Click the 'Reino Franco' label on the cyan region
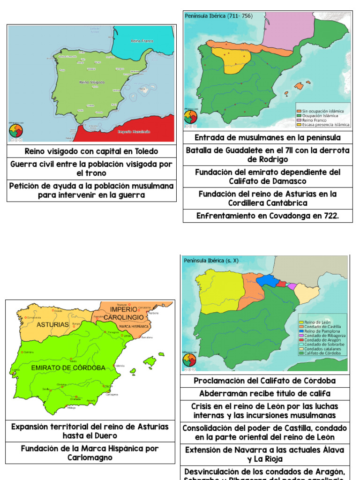140,41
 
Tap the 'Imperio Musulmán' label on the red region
134,132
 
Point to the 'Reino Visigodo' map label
92,82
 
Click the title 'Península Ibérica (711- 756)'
218,16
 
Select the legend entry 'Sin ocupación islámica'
323,111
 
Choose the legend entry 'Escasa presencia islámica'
326,125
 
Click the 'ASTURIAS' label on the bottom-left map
50,324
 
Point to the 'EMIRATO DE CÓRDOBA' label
68,367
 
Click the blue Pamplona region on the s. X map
267,280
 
